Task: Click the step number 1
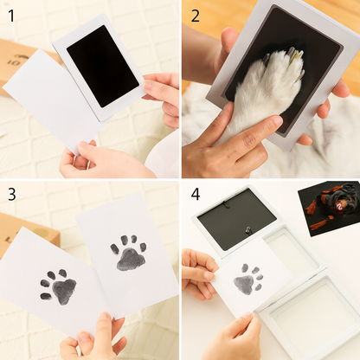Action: pyautogui.click(x=11, y=16)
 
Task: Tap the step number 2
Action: pyautogui.click(x=196, y=16)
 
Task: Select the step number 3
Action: pyautogui.click(x=12, y=195)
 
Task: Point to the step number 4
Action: pyautogui.click(x=196, y=194)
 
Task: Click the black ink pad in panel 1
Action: pyautogui.click(x=103, y=66)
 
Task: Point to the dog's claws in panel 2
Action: pyautogui.click(x=292, y=58)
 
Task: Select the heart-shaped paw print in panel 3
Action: pyautogui.click(x=58, y=286)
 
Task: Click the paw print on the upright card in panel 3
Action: pyautogui.click(x=128, y=253)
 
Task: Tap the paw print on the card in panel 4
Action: pyautogui.click(x=248, y=280)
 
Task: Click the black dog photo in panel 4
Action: pyautogui.click(x=330, y=208)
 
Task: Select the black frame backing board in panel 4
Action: pyautogui.click(x=236, y=219)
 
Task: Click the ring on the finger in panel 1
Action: pyautogui.click(x=74, y=161)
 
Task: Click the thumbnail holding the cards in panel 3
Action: pyautogui.click(x=104, y=316)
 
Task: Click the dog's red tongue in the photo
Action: pyautogui.click(x=338, y=206)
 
